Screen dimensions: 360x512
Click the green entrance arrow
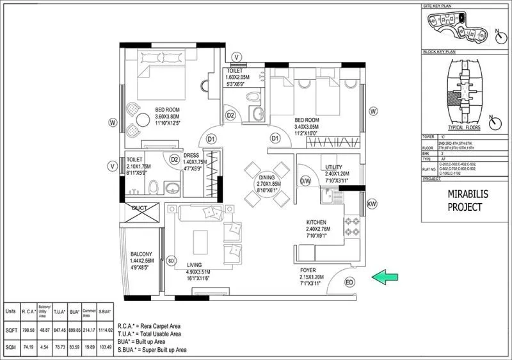386,276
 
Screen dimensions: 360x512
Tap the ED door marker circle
349,282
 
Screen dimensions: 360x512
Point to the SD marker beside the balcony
171,261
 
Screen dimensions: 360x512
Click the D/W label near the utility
305,181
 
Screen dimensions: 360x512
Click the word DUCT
140,208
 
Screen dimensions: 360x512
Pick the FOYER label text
309,270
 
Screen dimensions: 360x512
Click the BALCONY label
141,254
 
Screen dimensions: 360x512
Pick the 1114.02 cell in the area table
106,330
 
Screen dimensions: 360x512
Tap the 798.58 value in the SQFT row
28,330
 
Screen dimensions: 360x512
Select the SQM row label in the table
10,347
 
